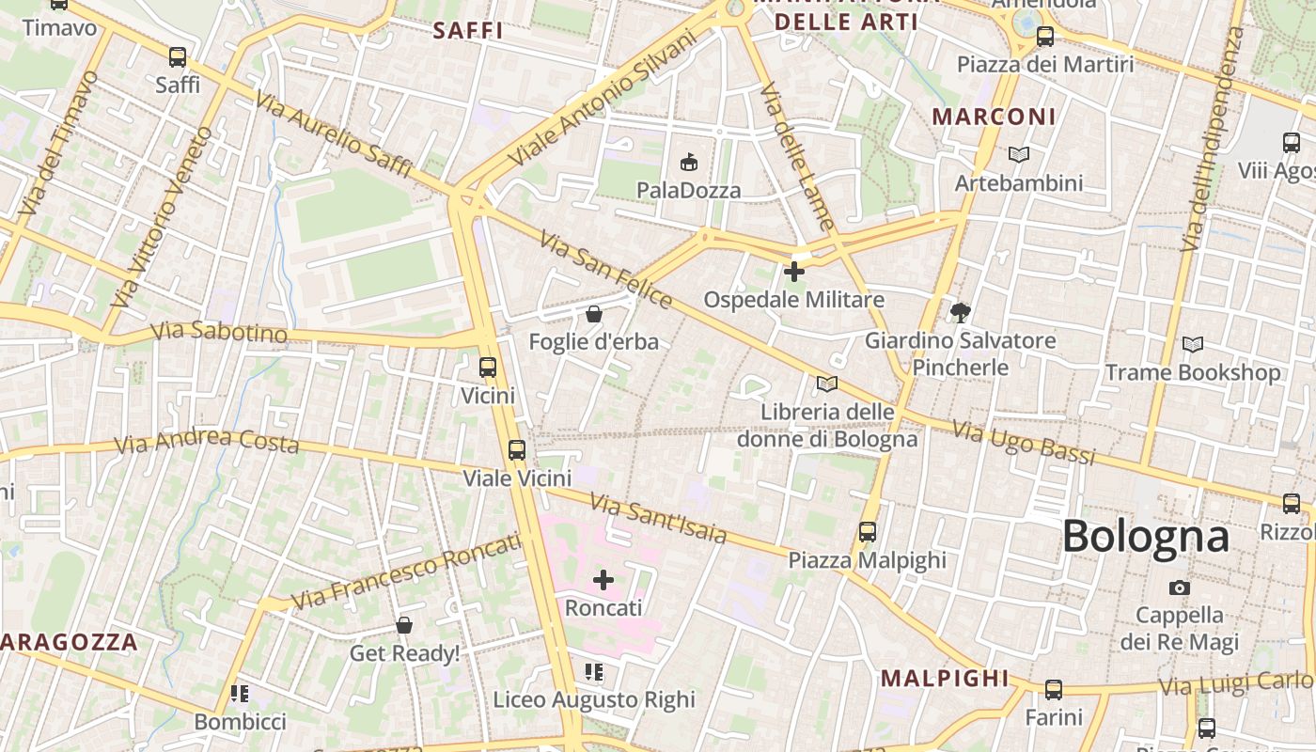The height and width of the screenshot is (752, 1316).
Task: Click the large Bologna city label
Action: click(1145, 537)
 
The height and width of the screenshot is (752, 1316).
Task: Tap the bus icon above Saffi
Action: click(178, 57)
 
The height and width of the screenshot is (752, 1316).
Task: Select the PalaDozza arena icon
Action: click(689, 163)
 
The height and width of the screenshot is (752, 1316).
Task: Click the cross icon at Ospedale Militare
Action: click(794, 272)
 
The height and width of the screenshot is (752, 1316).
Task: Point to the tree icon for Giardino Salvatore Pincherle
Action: click(960, 312)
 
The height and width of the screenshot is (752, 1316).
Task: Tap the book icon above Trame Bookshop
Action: click(1192, 345)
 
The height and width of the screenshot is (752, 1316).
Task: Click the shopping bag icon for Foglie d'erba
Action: click(593, 314)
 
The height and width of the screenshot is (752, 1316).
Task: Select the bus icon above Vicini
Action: click(487, 368)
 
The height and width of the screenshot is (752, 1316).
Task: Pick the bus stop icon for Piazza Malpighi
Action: click(867, 532)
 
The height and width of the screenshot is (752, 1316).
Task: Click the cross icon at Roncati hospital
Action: click(603, 580)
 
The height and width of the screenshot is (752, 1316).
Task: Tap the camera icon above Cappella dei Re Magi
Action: click(1179, 587)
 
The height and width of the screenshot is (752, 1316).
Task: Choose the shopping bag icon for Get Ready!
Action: click(404, 625)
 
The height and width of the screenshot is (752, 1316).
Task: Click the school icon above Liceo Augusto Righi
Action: click(593, 672)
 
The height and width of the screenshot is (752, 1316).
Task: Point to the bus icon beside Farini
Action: click(1053, 690)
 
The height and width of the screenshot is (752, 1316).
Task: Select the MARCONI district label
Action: click(994, 117)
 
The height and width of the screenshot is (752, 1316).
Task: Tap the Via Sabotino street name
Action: click(219, 332)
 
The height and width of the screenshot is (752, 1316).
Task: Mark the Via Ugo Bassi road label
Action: click(1024, 444)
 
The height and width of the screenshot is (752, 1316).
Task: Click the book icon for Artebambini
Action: click(1018, 154)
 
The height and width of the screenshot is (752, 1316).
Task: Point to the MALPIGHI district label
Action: click(944, 679)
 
